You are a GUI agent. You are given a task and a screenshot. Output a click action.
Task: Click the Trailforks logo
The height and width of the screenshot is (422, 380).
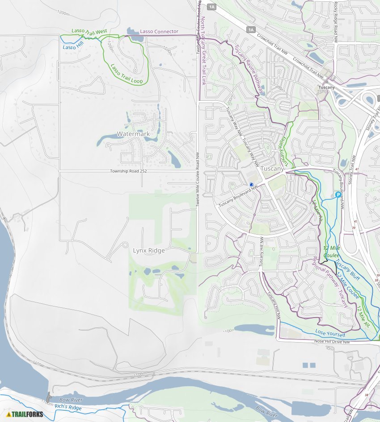pyautogui.click(x=25, y=414)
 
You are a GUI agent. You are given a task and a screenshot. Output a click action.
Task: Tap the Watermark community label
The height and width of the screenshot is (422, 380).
pyautogui.click(x=133, y=134)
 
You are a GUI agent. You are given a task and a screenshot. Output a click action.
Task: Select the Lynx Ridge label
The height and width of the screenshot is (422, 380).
pyautogui.click(x=149, y=251)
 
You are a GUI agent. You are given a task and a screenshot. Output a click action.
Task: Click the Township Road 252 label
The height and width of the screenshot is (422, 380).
pyautogui.click(x=128, y=171)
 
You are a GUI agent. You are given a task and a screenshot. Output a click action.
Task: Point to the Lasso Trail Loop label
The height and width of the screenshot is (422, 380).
pyautogui.click(x=127, y=74)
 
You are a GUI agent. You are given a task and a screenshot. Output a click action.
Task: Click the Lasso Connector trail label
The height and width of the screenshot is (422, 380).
pyautogui.click(x=159, y=32)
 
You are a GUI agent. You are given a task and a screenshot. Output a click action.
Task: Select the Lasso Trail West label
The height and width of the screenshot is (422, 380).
pyautogui.click(x=89, y=32)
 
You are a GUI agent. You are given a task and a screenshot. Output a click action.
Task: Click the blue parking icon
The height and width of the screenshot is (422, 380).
pyautogui.click(x=338, y=194)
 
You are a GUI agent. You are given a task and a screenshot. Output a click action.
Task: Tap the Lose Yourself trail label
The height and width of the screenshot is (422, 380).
pyautogui.click(x=330, y=333)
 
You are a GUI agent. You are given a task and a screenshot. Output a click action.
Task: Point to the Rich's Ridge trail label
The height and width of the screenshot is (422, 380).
pyautogui.click(x=68, y=407)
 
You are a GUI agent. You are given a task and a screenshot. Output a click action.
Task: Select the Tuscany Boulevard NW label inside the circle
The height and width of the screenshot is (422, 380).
pyautogui.click(x=238, y=196)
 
